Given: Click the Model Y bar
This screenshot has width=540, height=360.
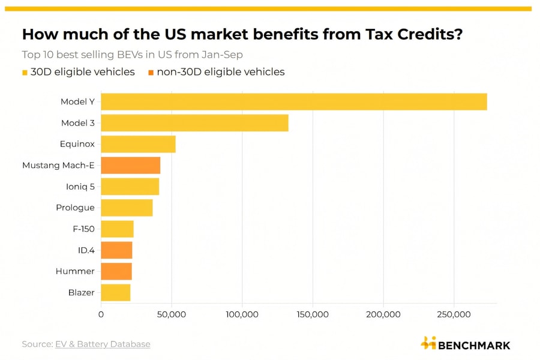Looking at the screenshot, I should tap(293, 102).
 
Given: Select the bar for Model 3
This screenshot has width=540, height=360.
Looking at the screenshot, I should tap(194, 123).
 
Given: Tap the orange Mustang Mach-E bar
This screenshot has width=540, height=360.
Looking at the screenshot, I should tap(130, 165).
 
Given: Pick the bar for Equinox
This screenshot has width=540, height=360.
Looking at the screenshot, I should tap(138, 144).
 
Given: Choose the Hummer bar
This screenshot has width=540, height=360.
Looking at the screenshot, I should tap(116, 271).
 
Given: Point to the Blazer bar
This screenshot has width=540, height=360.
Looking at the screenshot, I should tap(115, 292).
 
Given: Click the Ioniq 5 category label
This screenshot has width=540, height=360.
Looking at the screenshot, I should tap(80, 187).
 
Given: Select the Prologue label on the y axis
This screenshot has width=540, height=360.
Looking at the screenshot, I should tap(75, 208).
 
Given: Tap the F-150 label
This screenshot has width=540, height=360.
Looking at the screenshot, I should tap(83, 229).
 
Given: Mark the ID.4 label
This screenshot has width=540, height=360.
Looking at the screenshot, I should tap(86, 250).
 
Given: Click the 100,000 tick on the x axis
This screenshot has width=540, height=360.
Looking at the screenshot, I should tap(242, 314).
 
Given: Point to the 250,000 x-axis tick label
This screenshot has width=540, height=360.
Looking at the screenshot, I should tap(454, 314).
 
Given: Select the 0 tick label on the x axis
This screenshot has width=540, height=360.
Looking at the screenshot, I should tap(101, 314).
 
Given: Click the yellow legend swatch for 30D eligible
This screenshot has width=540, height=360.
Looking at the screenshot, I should tap(25, 73).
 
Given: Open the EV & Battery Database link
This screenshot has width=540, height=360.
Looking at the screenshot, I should tap(103, 344).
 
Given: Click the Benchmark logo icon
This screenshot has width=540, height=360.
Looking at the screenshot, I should tap(428, 343).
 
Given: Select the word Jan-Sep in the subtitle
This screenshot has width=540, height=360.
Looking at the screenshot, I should tap(224, 55).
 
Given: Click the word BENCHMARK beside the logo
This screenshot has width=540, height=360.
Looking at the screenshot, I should tap(474, 345).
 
